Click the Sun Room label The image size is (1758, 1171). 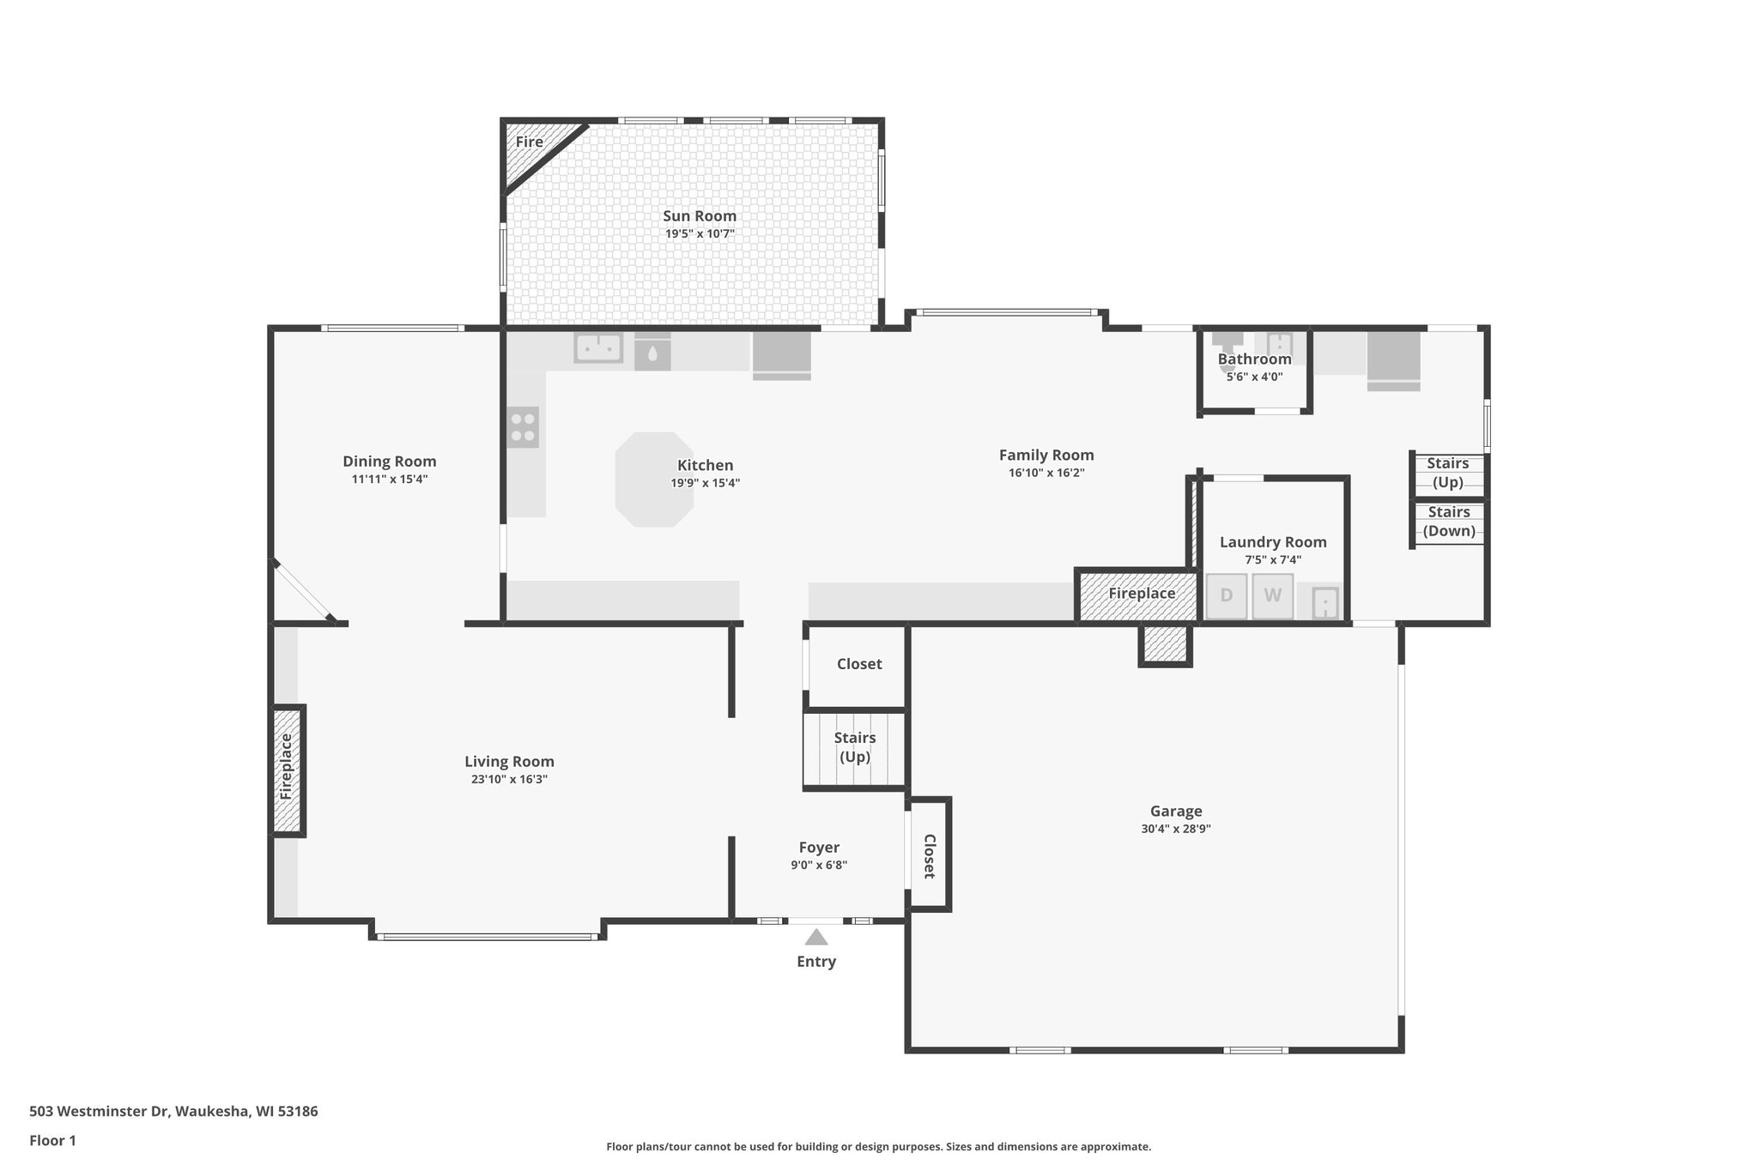(x=699, y=216)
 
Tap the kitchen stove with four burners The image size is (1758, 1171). (x=523, y=427)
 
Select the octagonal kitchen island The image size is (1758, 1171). (x=654, y=480)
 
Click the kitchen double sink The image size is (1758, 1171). (x=598, y=348)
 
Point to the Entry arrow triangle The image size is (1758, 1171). (x=815, y=937)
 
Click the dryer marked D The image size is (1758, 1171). (x=1227, y=595)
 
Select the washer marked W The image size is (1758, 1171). (x=1272, y=595)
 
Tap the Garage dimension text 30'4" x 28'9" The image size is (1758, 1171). (x=1175, y=829)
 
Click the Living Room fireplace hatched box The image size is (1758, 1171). (x=288, y=770)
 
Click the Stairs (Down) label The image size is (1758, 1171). (x=1449, y=522)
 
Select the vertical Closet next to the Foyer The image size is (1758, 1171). (x=929, y=855)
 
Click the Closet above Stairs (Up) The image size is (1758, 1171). (x=858, y=664)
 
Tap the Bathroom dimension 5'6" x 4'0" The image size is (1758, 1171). (x=1254, y=377)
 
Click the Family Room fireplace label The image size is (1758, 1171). (x=1141, y=594)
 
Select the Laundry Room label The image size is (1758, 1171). (x=1272, y=542)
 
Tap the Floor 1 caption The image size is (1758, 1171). (x=52, y=1141)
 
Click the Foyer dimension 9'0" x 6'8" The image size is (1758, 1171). (x=819, y=866)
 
